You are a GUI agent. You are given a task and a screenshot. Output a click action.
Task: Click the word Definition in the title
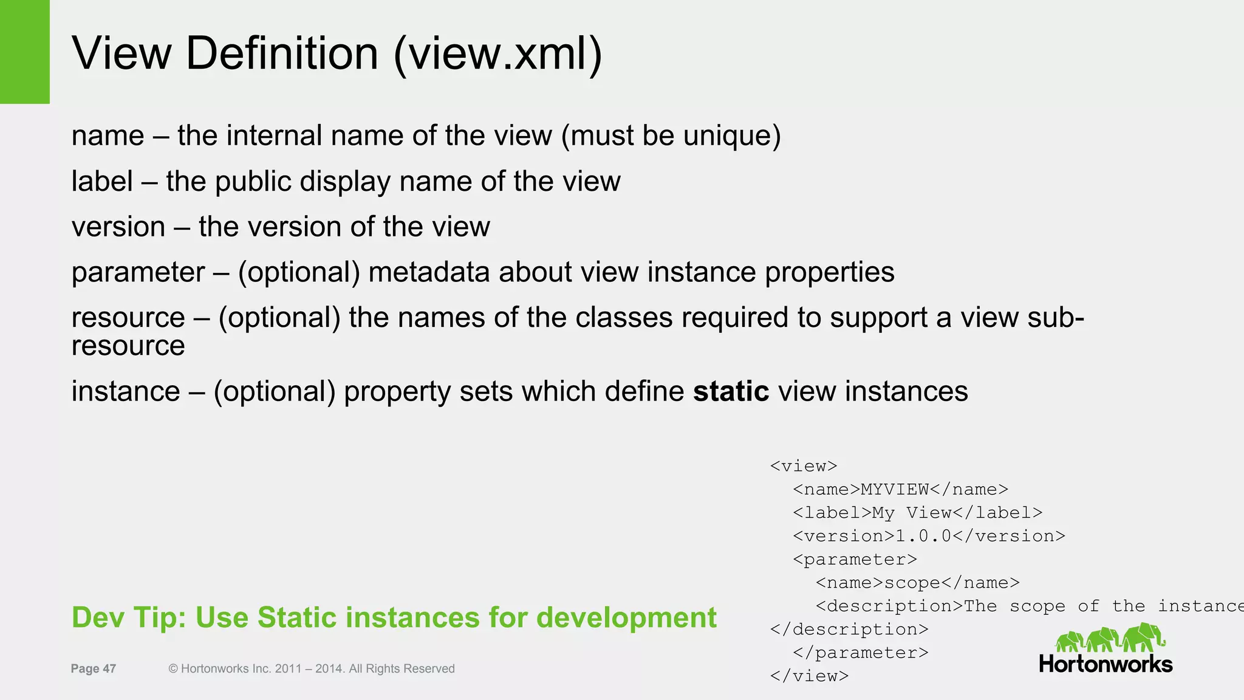coord(282,53)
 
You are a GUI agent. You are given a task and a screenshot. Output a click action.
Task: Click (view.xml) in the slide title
coord(498,53)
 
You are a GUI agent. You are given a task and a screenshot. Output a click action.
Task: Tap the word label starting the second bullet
coord(102,181)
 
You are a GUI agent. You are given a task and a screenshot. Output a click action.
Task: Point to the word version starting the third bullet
coord(118,227)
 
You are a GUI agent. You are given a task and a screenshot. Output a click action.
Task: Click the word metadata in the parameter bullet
coord(429,272)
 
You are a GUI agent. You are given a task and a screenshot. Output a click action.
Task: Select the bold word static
coord(731,391)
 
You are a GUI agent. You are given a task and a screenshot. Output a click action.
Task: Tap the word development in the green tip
coord(627,617)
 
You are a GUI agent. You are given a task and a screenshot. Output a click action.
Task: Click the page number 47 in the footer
coord(109,668)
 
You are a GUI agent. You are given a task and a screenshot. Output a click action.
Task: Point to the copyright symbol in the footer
coord(173,668)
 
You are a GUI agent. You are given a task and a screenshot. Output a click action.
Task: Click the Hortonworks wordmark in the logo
coord(1106,664)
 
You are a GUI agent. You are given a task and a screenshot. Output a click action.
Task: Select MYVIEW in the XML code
coord(895,490)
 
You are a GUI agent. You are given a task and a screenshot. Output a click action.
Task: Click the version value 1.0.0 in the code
coord(923,536)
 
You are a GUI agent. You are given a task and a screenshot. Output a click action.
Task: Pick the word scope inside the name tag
coord(912,583)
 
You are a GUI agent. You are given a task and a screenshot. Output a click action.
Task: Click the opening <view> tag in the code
coord(804,466)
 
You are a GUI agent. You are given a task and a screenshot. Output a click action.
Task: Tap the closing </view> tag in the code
coord(809,676)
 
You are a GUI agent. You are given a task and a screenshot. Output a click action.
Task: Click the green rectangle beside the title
coord(24,52)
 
